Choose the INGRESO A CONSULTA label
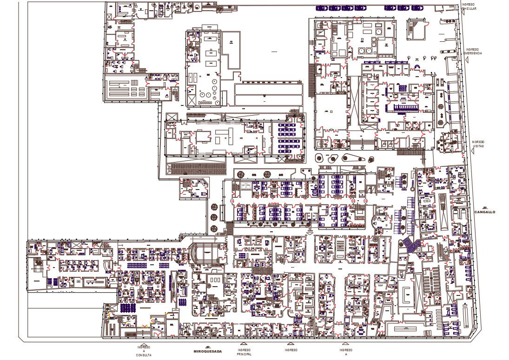point(144,351)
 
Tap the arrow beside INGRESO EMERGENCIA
point(463,52)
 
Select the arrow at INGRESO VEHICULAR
point(461,7)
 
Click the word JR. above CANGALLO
point(485,208)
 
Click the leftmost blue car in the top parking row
point(321,8)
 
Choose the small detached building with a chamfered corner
point(195,188)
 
